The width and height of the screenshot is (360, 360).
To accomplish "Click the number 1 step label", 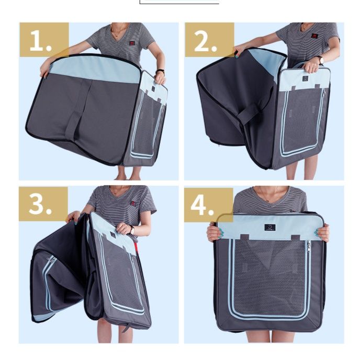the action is (41, 40).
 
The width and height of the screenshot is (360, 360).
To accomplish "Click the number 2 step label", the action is (205, 41).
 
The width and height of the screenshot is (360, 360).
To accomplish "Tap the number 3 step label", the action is (40, 204).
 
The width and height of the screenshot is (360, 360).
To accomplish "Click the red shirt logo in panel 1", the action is (132, 43).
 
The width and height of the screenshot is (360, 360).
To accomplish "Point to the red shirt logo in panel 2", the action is (314, 36).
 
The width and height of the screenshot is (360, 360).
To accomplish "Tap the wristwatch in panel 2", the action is (320, 60).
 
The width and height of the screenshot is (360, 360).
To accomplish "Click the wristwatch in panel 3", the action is (132, 230).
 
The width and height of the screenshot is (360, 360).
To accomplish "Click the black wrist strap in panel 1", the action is (160, 71).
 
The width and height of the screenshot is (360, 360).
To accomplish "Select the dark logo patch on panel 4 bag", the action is (270, 227).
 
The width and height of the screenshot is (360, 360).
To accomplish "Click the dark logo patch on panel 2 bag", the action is (305, 78).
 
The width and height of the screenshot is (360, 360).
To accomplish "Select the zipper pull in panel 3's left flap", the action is (52, 259).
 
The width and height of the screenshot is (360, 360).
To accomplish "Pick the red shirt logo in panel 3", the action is (133, 203).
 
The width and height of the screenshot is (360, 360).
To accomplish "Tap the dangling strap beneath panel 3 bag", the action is (126, 327).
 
